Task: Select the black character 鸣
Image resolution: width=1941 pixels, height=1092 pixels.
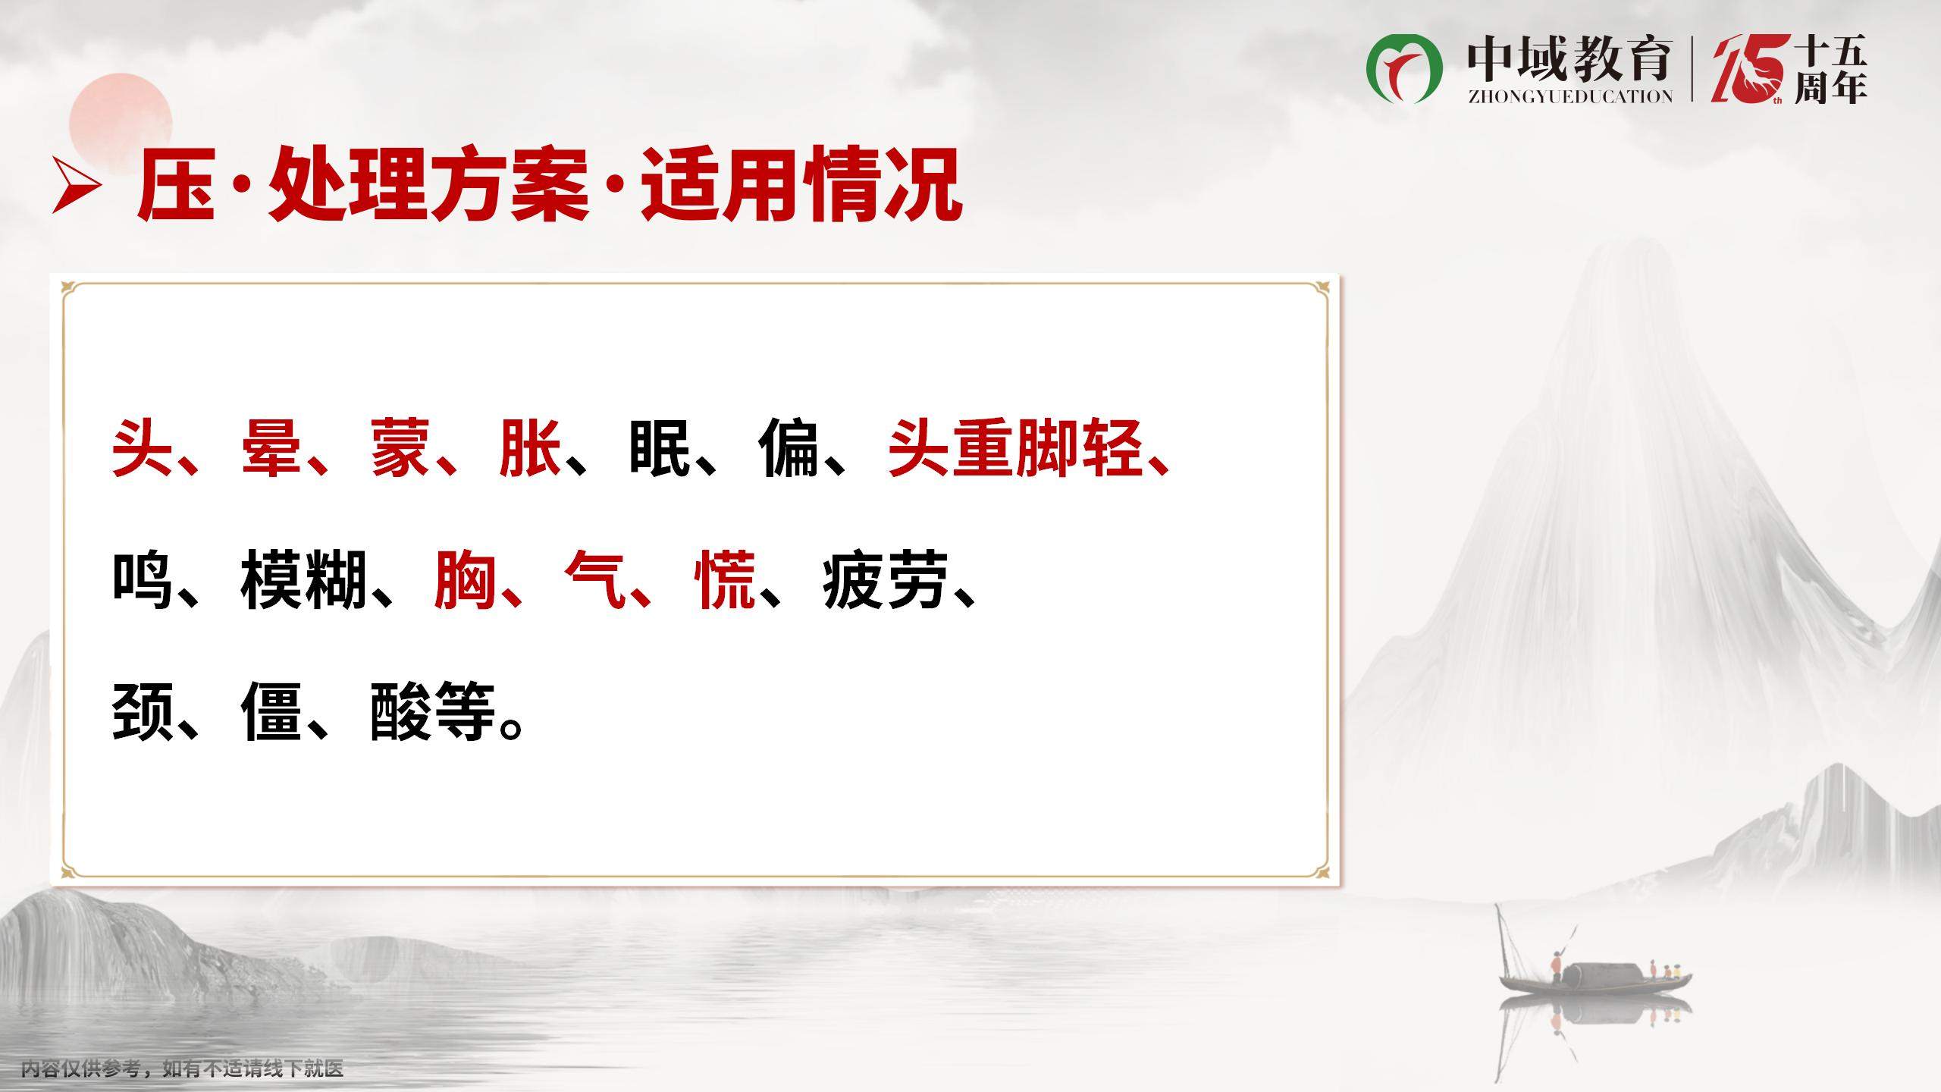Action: coord(143,581)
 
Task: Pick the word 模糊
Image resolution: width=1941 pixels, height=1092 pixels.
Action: coord(304,581)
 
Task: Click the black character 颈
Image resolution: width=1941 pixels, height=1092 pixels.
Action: coord(143,711)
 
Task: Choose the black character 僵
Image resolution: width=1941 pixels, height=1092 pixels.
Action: coord(271,711)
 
